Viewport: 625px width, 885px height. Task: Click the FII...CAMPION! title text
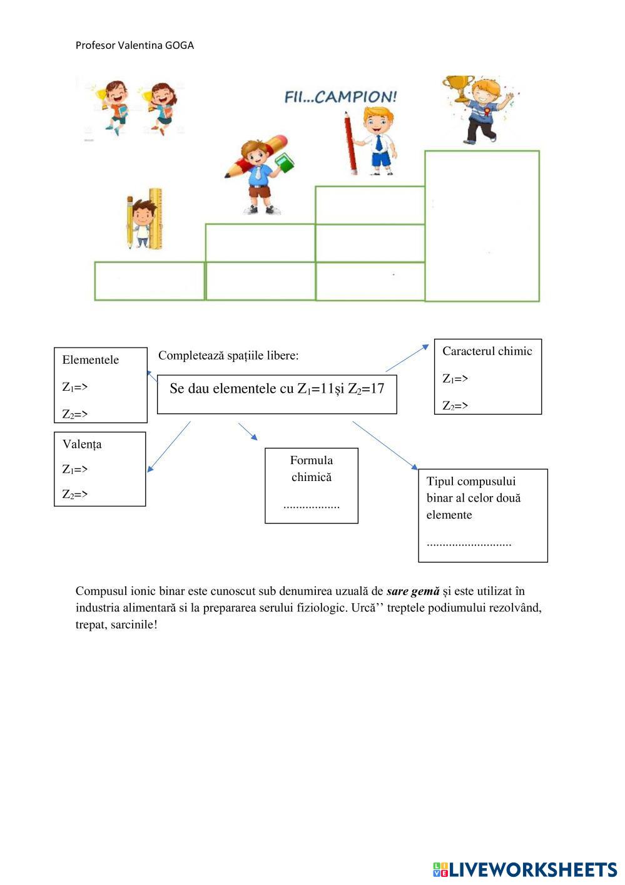point(341,97)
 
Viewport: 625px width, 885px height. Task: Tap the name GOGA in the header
point(180,45)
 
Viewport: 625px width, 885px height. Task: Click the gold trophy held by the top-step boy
point(458,88)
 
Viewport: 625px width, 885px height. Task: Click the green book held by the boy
point(285,163)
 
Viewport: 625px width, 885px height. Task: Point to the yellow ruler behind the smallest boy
point(155,216)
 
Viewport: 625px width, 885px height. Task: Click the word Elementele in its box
point(90,360)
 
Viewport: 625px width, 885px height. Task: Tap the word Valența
point(82,444)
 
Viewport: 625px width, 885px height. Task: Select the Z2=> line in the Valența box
point(75,494)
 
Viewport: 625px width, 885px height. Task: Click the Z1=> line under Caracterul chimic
point(455,378)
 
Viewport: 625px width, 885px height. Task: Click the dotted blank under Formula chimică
point(312,505)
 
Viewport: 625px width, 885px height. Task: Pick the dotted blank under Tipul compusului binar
point(469,543)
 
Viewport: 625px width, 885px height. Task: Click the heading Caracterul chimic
point(487,351)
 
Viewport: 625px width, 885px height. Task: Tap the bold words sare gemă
point(413,591)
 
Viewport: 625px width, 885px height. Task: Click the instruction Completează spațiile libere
point(228,355)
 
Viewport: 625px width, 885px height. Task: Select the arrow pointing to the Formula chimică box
point(248,432)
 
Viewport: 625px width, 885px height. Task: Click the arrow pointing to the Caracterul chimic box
point(407,358)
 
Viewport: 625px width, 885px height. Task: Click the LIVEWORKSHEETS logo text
point(532,869)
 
